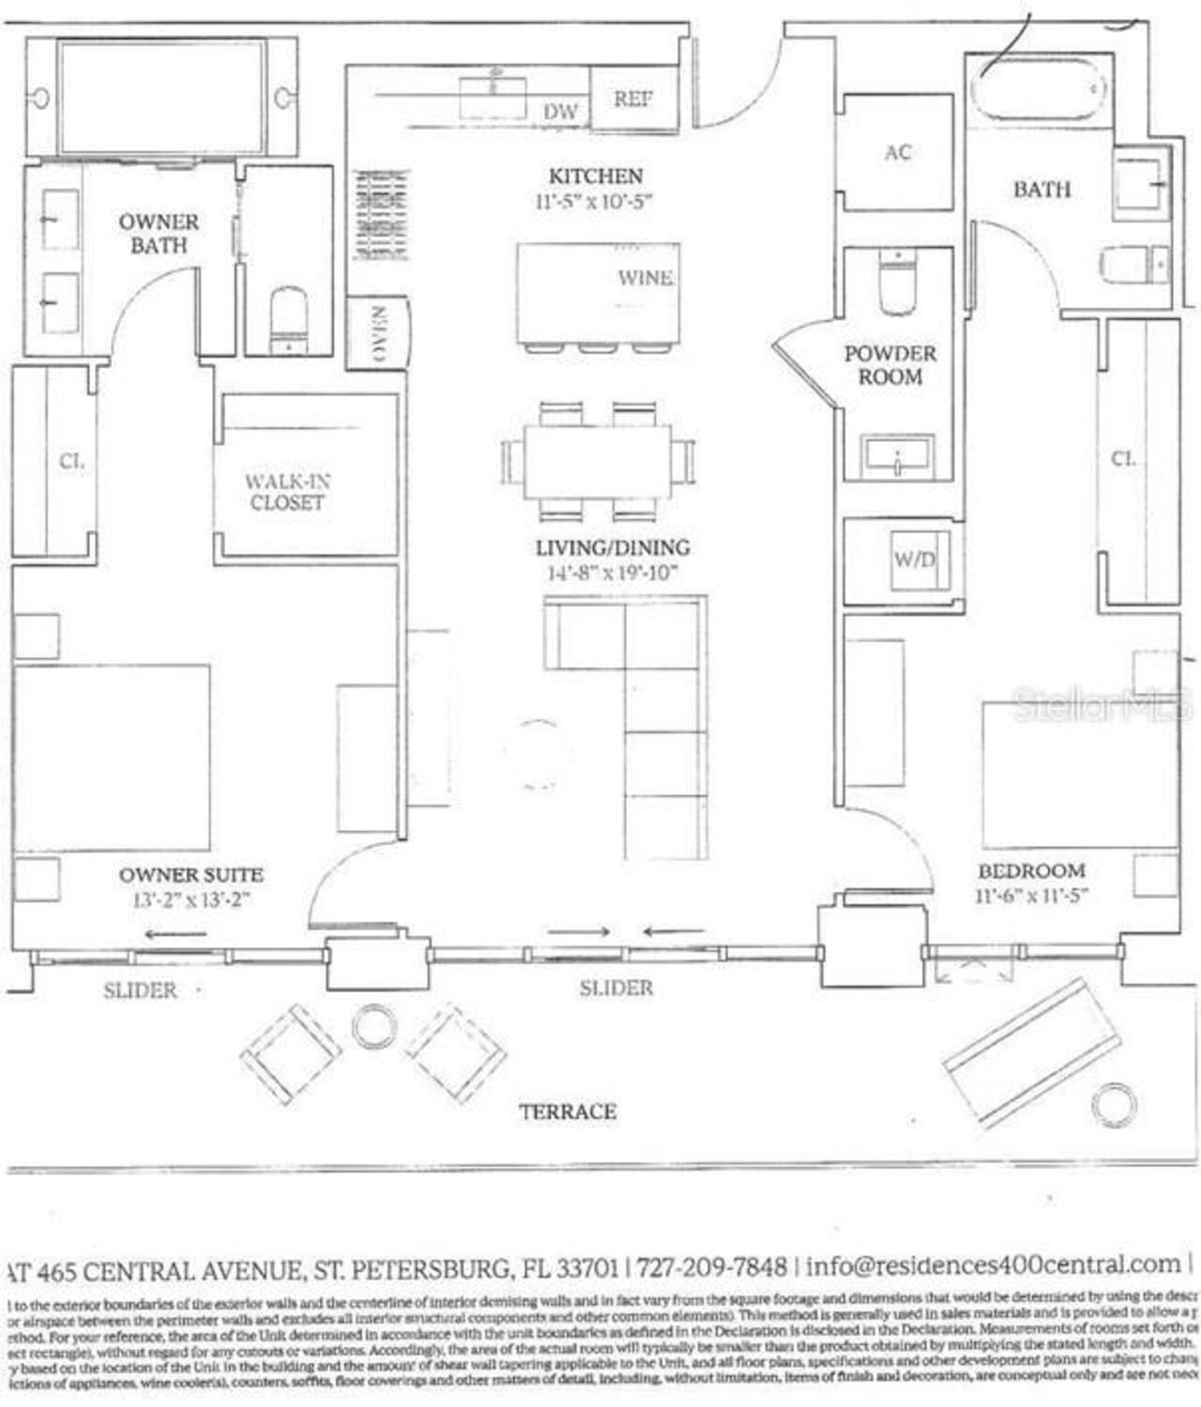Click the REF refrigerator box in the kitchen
tap(634, 98)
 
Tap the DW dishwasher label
tap(561, 112)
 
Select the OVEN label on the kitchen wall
tap(379, 334)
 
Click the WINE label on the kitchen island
tap(645, 278)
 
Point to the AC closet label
tap(898, 152)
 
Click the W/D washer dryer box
tap(914, 560)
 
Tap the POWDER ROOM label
tap(889, 365)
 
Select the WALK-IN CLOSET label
tap(287, 492)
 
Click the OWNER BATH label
tap(159, 234)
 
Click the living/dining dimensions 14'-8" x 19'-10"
tap(613, 573)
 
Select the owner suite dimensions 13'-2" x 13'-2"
tap(191, 900)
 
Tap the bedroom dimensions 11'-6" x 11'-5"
tap(1031, 895)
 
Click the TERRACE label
tap(568, 1112)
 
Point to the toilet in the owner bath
tap(288, 319)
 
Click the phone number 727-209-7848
tap(711, 1267)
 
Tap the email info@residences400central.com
tap(993, 1264)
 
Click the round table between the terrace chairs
tap(373, 1026)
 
